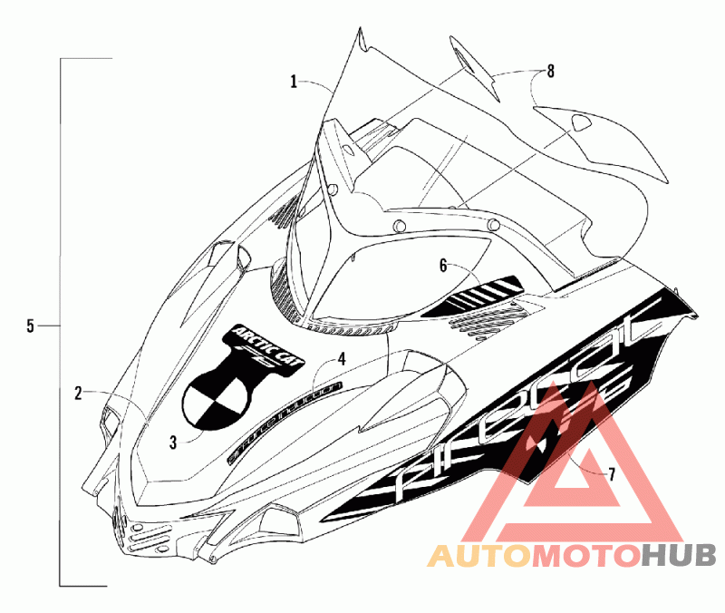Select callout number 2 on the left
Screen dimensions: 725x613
(79, 393)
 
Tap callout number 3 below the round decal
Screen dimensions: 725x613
(173, 442)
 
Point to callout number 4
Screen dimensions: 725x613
(341, 359)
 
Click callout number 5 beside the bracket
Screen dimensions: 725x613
(30, 326)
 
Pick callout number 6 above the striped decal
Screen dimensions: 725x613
(443, 266)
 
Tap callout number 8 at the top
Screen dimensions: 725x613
(550, 70)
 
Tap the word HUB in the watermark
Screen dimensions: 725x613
(679, 554)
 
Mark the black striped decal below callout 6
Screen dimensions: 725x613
(480, 292)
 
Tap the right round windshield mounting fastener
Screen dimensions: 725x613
(494, 224)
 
